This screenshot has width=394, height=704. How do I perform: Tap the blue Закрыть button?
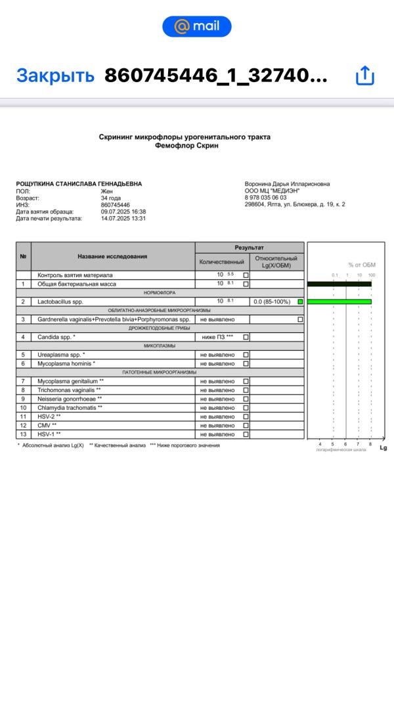pos(55,76)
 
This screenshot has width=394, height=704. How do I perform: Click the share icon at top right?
pos(364,76)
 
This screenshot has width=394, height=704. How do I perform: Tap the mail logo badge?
pos(197,26)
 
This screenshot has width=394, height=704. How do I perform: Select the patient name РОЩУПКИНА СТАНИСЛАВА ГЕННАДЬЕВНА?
pos(79,184)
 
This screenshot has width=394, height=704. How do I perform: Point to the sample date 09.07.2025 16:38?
pos(123,211)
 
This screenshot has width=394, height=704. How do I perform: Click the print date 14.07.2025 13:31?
pos(123,219)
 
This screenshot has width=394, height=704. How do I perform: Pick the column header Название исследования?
pos(112,256)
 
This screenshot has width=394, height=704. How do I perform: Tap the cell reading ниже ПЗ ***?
pos(217,337)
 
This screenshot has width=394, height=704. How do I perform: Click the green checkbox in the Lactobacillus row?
pos(300,301)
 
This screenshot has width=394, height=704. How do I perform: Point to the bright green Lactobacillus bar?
pos(339,301)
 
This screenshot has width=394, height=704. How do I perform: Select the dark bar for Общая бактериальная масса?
pos(339,284)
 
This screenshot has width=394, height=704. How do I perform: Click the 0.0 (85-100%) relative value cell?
pos(272,301)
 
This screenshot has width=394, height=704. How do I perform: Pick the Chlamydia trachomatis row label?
pos(70,408)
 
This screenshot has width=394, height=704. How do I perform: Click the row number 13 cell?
pos(23,434)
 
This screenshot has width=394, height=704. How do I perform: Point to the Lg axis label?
pos(383,448)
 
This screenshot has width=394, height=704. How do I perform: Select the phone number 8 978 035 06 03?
pos(266,198)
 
